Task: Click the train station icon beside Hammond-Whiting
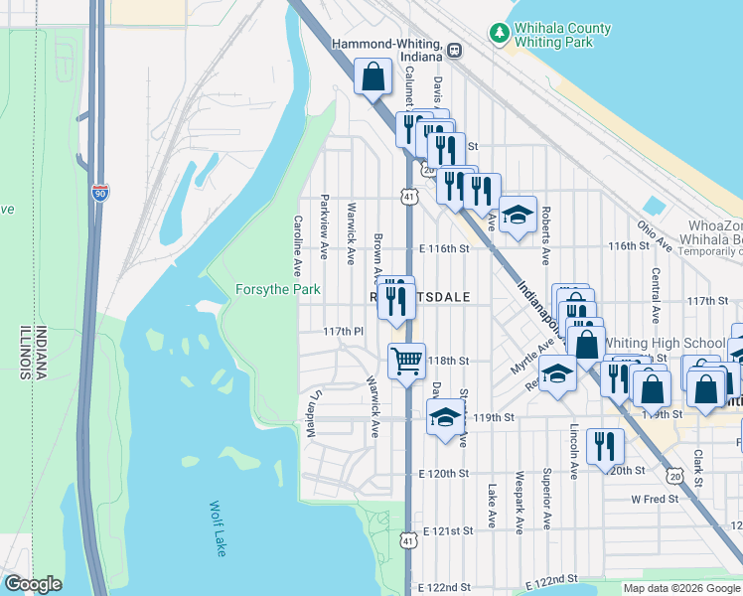point(454,50)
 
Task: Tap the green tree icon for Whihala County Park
point(500,34)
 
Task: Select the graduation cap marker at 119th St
point(445,416)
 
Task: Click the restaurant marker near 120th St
point(603,446)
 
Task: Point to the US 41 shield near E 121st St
point(408,539)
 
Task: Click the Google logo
point(33,584)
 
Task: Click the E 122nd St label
point(443,588)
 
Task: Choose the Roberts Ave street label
point(545,236)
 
